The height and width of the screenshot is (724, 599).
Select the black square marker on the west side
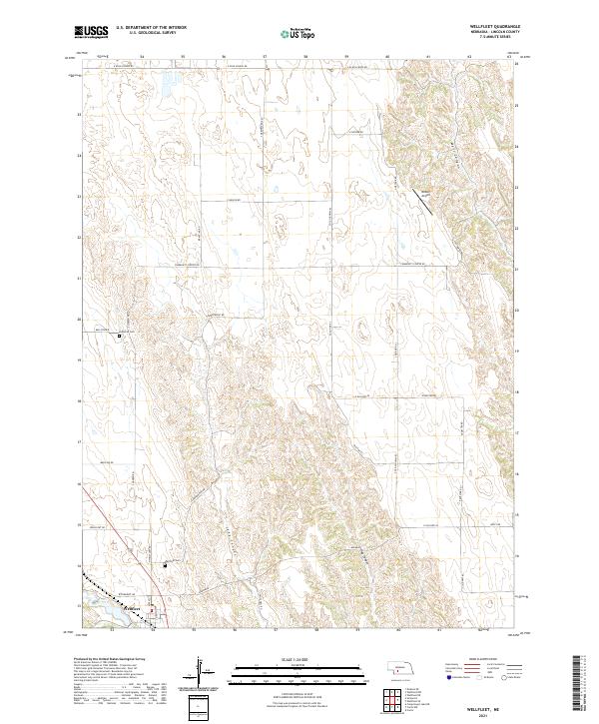(x=120, y=336)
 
